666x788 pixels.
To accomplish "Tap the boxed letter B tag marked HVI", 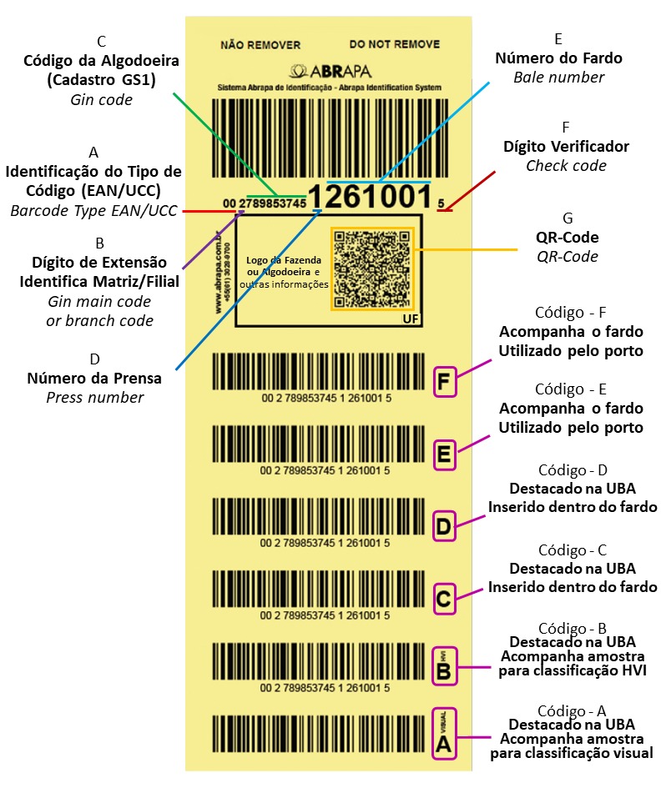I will point(445,668).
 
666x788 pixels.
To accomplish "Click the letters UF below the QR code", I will point(410,319).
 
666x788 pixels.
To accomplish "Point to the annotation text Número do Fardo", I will point(558,58).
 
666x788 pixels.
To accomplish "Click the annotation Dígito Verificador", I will point(566,147).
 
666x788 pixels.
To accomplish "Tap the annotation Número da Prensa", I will point(94,378).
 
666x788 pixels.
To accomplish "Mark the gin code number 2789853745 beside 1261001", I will point(273,203).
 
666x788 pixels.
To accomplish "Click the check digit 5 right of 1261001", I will point(441,203).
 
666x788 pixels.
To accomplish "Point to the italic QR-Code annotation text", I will point(568,256).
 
